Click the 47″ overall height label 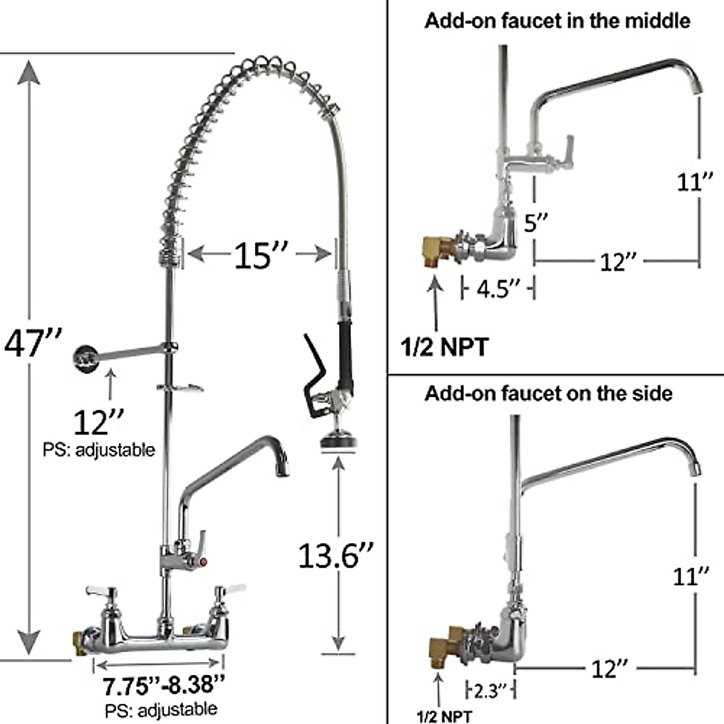tap(33, 344)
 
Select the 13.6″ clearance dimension tap(336, 555)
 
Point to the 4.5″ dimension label tap(498, 288)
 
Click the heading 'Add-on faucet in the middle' tap(557, 21)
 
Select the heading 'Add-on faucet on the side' tap(548, 393)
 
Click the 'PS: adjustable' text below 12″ tap(98, 449)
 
